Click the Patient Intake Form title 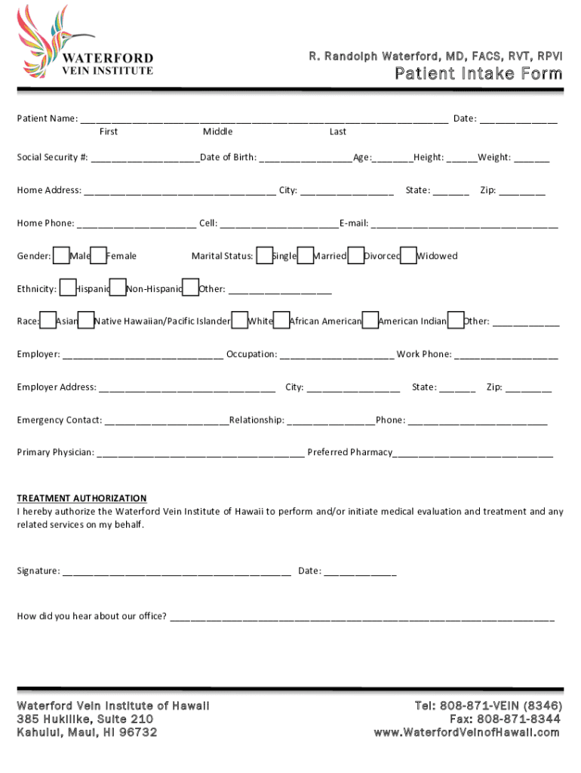479,73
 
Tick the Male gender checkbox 62,255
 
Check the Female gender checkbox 99,255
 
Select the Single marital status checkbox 265,255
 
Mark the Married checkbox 306,255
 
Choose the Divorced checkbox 356,255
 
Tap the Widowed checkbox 408,255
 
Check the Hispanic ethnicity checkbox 67,288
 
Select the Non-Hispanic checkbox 118,288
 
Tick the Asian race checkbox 48,321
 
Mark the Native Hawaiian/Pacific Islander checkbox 86,321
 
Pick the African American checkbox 281,321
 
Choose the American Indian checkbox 370,321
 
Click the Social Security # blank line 143,159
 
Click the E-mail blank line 464,224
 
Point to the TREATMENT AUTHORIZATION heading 82,498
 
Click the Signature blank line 177,571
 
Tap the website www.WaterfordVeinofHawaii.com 467,732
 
